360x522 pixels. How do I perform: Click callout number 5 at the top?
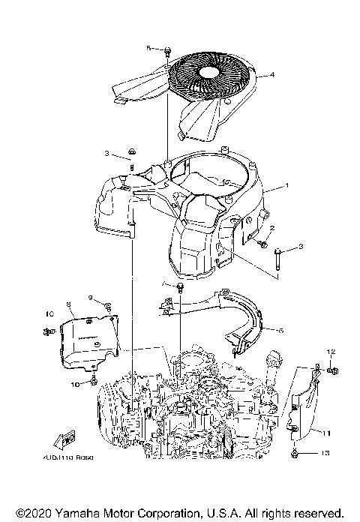pyautogui.click(x=148, y=48)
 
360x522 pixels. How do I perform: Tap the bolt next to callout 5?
pyautogui.click(x=166, y=50)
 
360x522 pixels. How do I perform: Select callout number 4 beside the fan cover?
pyautogui.click(x=272, y=74)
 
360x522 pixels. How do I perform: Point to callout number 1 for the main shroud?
pyautogui.click(x=285, y=185)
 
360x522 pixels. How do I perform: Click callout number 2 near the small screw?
pyautogui.click(x=272, y=228)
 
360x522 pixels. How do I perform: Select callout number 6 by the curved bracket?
pyautogui.click(x=280, y=329)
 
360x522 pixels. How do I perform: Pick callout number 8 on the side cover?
pyautogui.click(x=69, y=304)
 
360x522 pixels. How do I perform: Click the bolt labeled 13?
pyautogui.click(x=300, y=453)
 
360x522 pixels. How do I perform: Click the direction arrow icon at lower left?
pyautogui.click(x=65, y=438)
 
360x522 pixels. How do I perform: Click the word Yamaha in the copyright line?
pyautogui.click(x=75, y=511)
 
